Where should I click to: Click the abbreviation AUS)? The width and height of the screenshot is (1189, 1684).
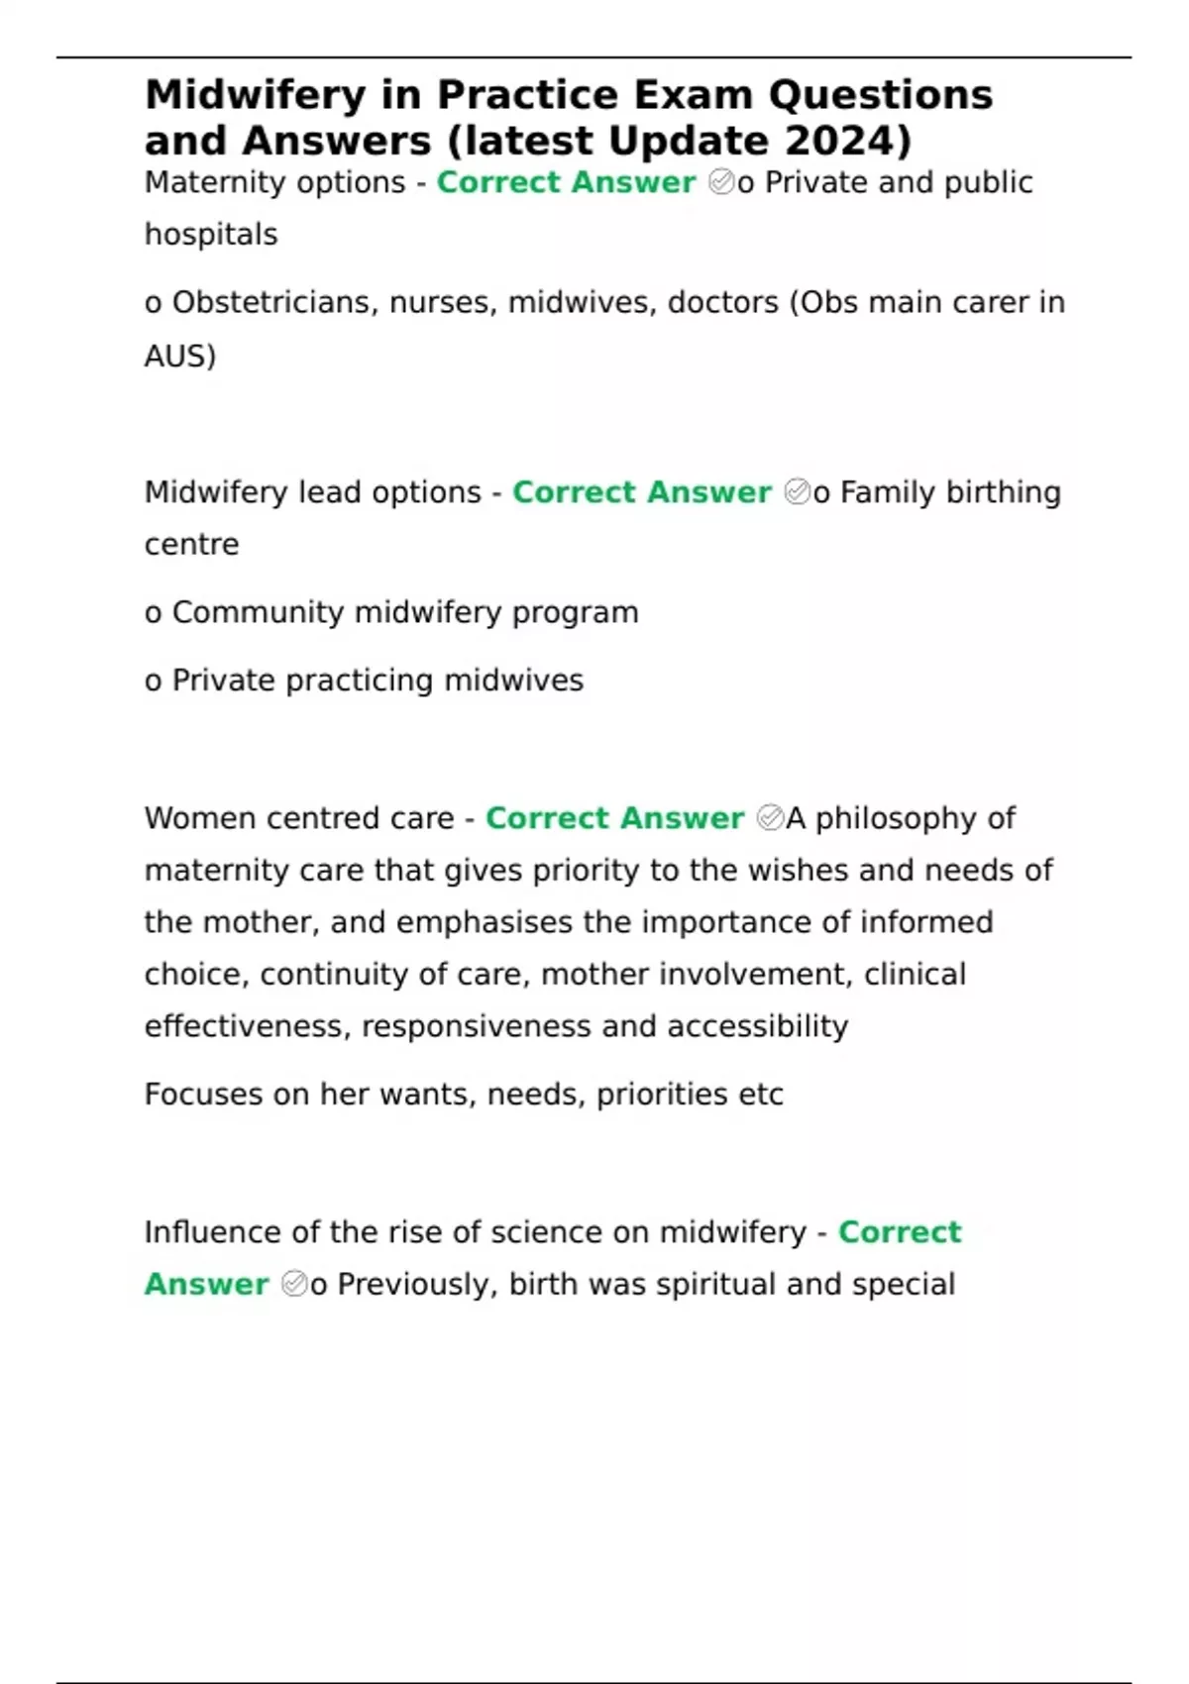click(179, 356)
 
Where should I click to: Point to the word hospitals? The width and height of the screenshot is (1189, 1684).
click(211, 235)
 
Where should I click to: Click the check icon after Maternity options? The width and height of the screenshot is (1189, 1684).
click(721, 182)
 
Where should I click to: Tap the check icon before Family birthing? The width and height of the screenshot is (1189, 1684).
click(797, 492)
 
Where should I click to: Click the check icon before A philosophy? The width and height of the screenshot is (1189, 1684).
click(770, 818)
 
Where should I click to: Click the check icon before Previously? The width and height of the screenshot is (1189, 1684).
click(294, 1284)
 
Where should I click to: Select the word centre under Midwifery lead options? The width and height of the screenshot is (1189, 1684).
click(191, 545)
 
